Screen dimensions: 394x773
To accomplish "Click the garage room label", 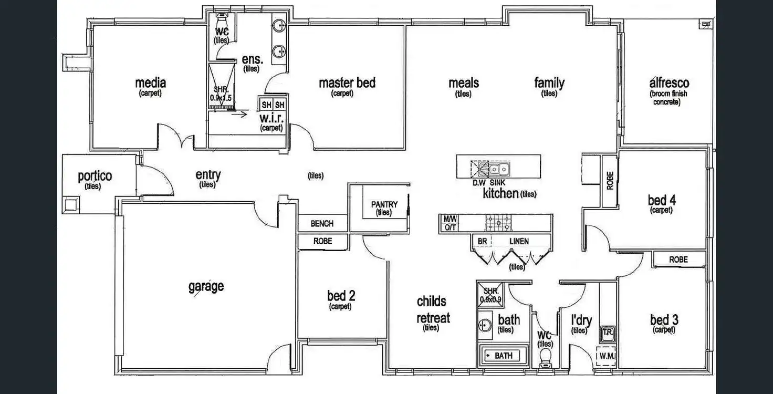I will (206, 286).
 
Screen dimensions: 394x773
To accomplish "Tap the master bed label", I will (347, 83).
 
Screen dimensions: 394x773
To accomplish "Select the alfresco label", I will (669, 83).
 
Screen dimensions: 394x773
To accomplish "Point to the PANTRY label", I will (384, 204).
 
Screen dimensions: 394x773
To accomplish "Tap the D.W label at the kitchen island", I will (478, 183).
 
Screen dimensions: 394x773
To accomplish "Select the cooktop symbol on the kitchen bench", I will (494, 223).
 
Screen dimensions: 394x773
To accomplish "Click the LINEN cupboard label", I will (519, 241).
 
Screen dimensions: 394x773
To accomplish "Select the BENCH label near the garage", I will (322, 224).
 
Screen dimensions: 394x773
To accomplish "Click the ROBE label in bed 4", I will (610, 181).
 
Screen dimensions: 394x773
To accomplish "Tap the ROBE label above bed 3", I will (678, 260).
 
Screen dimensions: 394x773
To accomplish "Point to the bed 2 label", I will (341, 296).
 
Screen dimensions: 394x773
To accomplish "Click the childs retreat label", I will (432, 309).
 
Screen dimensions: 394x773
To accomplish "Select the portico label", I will (95, 176).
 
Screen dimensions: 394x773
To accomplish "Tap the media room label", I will (150, 83).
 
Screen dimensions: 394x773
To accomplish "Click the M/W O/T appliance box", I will (450, 223).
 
